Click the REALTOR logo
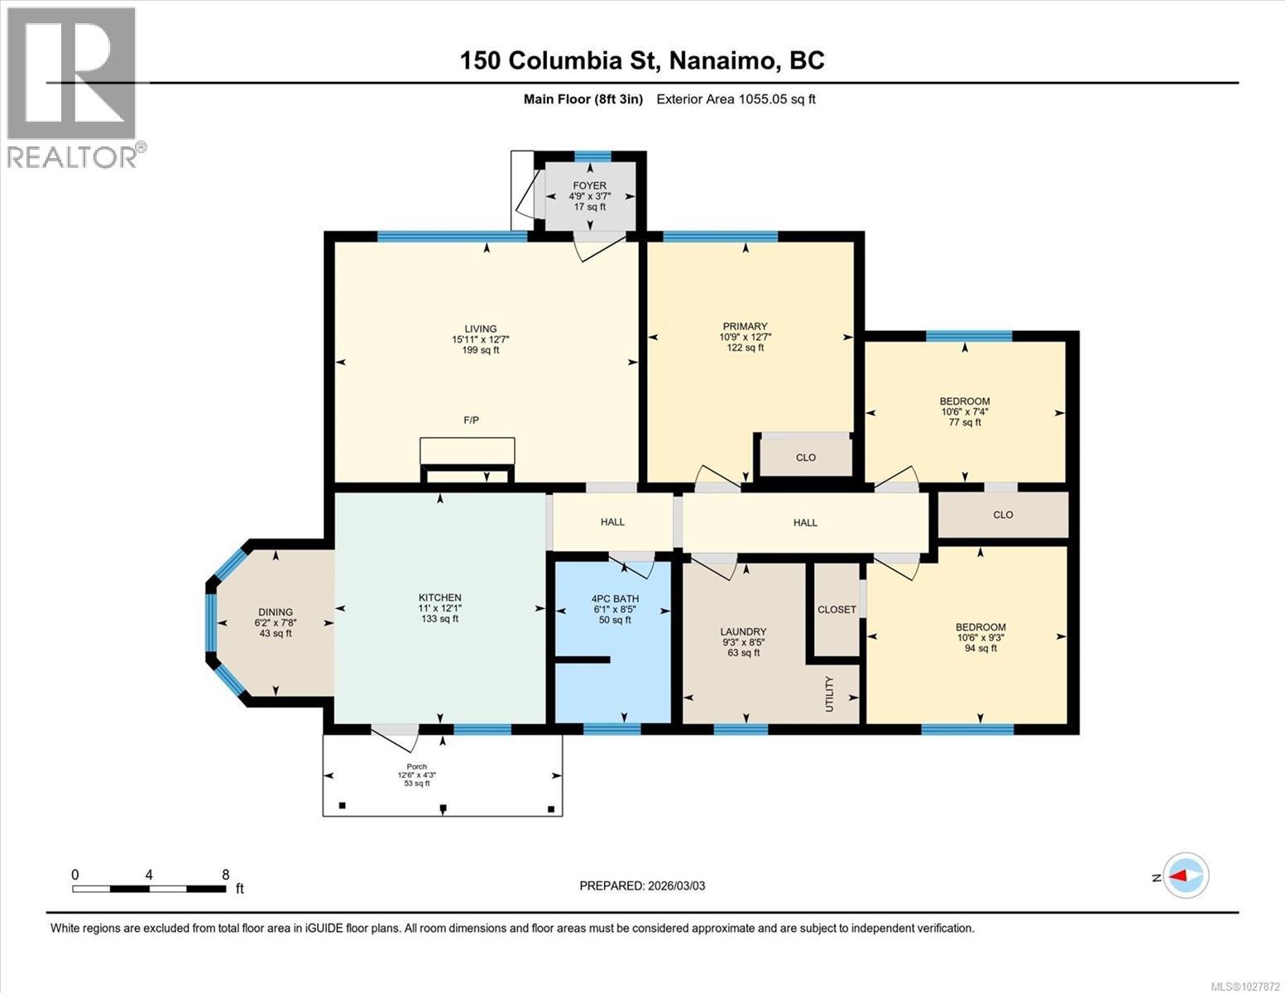click(x=73, y=87)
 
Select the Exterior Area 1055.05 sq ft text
click(x=736, y=99)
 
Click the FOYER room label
click(x=589, y=186)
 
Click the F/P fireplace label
click(x=471, y=420)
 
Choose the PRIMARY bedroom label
click(x=745, y=326)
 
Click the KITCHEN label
click(x=439, y=597)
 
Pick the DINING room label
click(x=275, y=612)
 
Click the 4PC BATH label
click(x=615, y=598)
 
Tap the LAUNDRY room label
click(x=743, y=631)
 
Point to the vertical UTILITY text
click(x=830, y=693)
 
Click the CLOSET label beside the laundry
click(x=837, y=609)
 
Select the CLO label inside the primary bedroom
click(x=805, y=458)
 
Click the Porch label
click(x=416, y=765)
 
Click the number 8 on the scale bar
click(x=225, y=875)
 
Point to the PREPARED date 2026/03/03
click(x=642, y=885)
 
